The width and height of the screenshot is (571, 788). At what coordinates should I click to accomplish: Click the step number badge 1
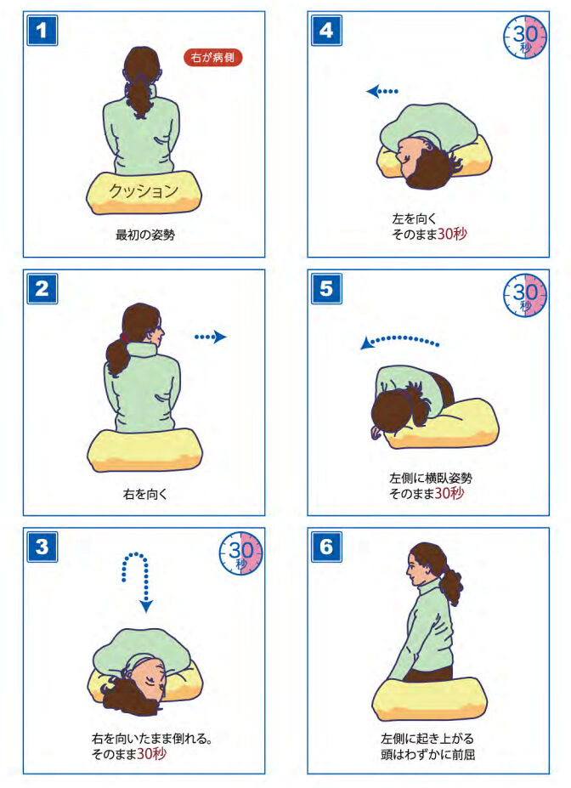pyautogui.click(x=42, y=30)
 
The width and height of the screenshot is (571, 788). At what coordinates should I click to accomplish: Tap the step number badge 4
pyautogui.click(x=326, y=30)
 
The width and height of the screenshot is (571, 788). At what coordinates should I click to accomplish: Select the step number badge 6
pyautogui.click(x=326, y=547)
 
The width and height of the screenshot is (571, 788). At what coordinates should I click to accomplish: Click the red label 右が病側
pyautogui.click(x=213, y=57)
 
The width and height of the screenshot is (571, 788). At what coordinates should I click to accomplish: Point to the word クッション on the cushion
pyautogui.click(x=143, y=190)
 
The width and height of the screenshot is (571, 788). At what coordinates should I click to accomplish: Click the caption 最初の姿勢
pyautogui.click(x=145, y=235)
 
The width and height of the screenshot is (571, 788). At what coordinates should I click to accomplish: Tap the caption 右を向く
pyautogui.click(x=145, y=494)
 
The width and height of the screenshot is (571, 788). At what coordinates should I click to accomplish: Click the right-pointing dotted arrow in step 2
pyautogui.click(x=211, y=337)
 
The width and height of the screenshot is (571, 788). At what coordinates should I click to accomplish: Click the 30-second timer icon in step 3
pyautogui.click(x=241, y=553)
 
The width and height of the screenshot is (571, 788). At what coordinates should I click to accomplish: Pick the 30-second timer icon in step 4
pyautogui.click(x=525, y=37)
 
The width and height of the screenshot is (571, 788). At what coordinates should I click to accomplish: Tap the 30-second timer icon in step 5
pyautogui.click(x=525, y=296)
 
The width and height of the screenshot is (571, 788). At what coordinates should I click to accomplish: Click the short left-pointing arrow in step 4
pyautogui.click(x=382, y=92)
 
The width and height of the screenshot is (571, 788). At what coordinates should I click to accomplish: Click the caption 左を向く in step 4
pyautogui.click(x=415, y=218)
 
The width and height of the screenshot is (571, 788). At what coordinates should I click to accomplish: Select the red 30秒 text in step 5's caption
pyautogui.click(x=449, y=493)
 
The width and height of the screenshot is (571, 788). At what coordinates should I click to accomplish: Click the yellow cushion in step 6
pyautogui.click(x=429, y=699)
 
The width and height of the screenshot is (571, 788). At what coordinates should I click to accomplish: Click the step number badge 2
pyautogui.click(x=42, y=288)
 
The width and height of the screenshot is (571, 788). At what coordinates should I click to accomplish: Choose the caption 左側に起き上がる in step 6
pyautogui.click(x=427, y=739)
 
